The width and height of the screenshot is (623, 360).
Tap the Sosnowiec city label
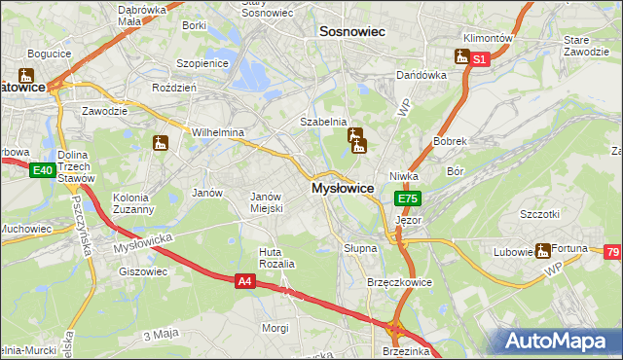[x=352, y=32]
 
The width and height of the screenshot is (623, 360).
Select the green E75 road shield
[x=407, y=198]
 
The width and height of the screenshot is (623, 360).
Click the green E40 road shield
[x=41, y=171]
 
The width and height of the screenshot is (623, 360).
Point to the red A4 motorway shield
[x=246, y=281]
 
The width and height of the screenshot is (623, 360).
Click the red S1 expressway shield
[x=479, y=59]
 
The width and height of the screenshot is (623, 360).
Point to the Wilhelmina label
[x=217, y=131]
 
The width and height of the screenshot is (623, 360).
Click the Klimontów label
[x=489, y=38]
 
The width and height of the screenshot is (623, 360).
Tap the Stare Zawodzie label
[x=583, y=45]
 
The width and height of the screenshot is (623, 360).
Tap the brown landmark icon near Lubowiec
[x=542, y=251]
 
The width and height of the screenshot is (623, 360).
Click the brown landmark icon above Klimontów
[x=461, y=56]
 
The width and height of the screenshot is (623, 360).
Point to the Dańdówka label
[x=421, y=75]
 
